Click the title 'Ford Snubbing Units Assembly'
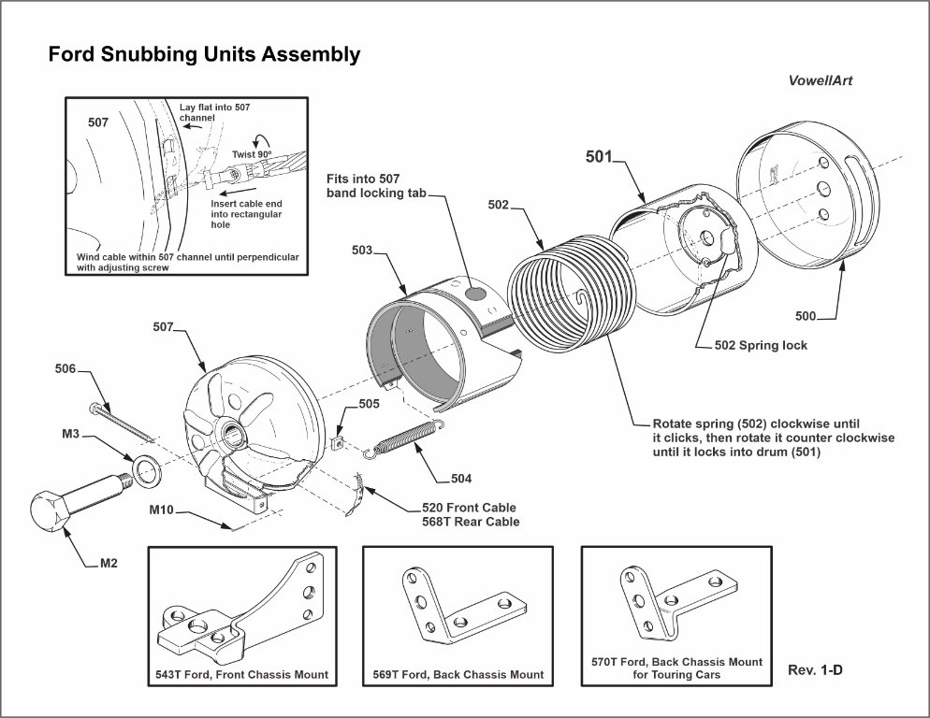pyautogui.click(x=204, y=55)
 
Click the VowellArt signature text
pyautogui.click(x=821, y=80)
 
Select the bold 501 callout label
pyautogui.click(x=598, y=156)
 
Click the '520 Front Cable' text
pyautogui.click(x=469, y=508)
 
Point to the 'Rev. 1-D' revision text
pyautogui.click(x=816, y=669)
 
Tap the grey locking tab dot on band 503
pyautogui.click(x=476, y=294)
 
